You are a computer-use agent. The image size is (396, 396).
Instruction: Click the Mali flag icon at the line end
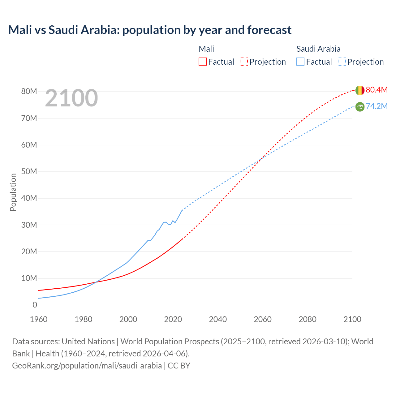[360, 90]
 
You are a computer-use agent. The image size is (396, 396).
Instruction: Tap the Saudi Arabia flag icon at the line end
[360, 107]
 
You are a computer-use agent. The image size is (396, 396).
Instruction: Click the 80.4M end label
[377, 90]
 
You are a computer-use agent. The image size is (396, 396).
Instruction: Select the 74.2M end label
[377, 106]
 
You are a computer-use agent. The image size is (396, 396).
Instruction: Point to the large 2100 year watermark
[71, 98]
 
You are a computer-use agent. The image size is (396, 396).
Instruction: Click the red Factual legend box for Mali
[202, 62]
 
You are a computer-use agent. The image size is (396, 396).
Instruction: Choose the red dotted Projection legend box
[244, 62]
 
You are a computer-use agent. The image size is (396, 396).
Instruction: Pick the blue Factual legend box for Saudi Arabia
[300, 62]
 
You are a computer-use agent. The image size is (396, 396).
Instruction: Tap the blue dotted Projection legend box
[342, 62]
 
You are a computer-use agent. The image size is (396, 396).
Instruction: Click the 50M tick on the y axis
[29, 171]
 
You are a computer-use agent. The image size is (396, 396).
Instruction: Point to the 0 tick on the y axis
[35, 305]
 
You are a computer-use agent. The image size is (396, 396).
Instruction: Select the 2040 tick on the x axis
[218, 319]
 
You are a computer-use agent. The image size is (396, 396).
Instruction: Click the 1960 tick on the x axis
[39, 319]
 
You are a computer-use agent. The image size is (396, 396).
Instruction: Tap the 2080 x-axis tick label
[308, 319]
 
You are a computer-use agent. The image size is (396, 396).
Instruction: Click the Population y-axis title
[13, 192]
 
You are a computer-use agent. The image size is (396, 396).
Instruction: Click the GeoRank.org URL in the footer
[87, 366]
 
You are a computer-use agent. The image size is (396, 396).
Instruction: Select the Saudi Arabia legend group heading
[318, 49]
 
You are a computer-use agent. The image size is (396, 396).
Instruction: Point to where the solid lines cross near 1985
[95, 282]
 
